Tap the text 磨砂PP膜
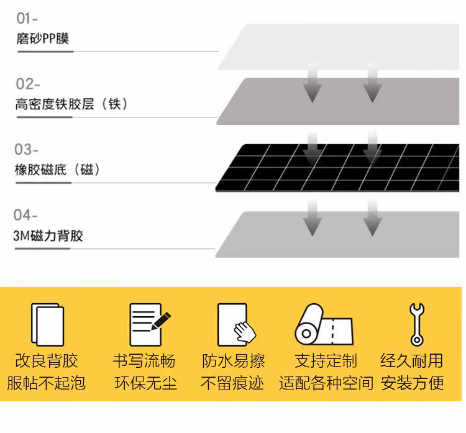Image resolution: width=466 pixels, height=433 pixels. point(42,39)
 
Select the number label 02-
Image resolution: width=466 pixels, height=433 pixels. point(28,84)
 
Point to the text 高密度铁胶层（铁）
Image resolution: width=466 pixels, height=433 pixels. point(72,104)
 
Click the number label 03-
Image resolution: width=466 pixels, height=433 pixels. point(26,150)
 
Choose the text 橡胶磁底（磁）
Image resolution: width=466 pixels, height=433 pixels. point(58,170)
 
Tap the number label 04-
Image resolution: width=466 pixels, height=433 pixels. point(26,215)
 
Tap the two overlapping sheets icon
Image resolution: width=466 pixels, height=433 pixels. point(47,324)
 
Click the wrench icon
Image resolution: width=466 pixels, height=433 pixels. point(416,324)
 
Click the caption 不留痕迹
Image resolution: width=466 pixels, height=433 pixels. point(232,383)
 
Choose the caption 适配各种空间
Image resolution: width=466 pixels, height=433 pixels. point(326,383)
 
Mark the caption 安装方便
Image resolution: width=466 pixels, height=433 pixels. point(413,383)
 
